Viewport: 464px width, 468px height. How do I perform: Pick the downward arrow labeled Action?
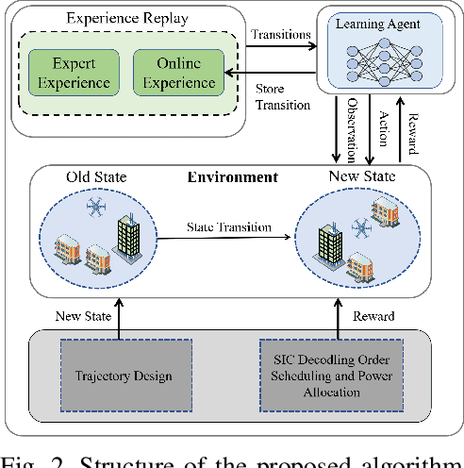(x=370, y=127)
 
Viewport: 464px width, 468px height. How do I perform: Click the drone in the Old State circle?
(x=92, y=206)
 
